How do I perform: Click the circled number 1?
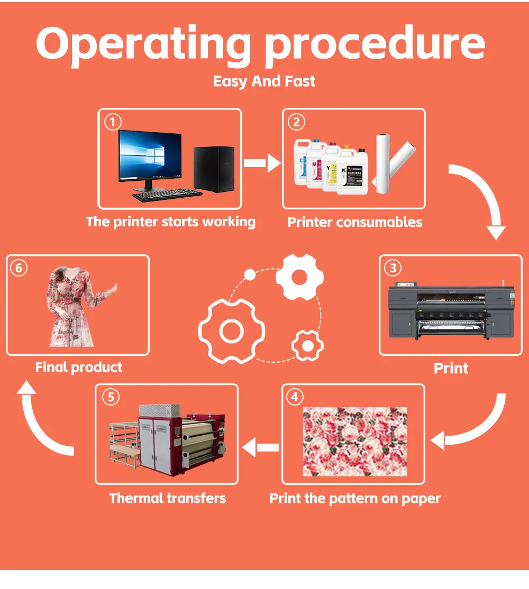click(x=112, y=123)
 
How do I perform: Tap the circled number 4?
click(x=295, y=397)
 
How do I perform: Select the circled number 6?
click(x=19, y=268)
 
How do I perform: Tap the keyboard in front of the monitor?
click(x=166, y=195)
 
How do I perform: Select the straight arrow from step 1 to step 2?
click(x=262, y=163)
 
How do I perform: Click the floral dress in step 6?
click(x=71, y=307)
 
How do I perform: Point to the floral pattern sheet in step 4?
click(x=355, y=441)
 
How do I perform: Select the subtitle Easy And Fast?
click(x=264, y=81)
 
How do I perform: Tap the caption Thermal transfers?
click(x=168, y=498)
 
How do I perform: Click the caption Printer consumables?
click(x=354, y=222)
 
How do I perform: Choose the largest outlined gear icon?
click(x=231, y=332)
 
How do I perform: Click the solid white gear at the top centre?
click(x=299, y=277)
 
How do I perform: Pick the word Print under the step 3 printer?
click(x=451, y=368)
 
